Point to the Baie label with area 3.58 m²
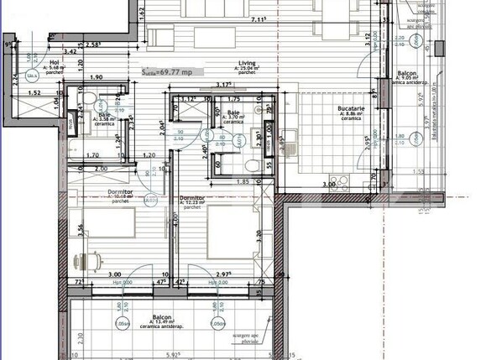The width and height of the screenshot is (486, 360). pos(104,114)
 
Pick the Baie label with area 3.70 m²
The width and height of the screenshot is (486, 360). pos(233,112)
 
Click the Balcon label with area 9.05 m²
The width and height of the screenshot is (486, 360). pos(407,74)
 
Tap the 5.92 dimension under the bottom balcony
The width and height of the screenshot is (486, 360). pos(173,355)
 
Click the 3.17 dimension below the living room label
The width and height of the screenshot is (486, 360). pos(222,84)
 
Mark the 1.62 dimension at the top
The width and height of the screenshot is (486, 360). pos(142,13)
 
